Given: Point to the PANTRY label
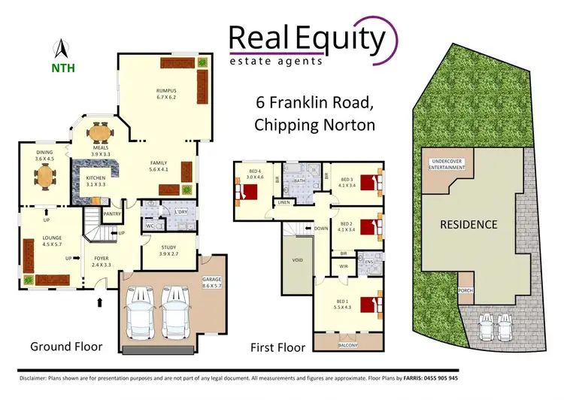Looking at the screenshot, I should [x=112, y=214].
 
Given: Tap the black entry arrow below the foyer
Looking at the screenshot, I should [x=99, y=303].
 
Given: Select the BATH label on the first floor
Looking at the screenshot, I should [x=299, y=180].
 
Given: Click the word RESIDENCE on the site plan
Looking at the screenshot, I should [x=468, y=224].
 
